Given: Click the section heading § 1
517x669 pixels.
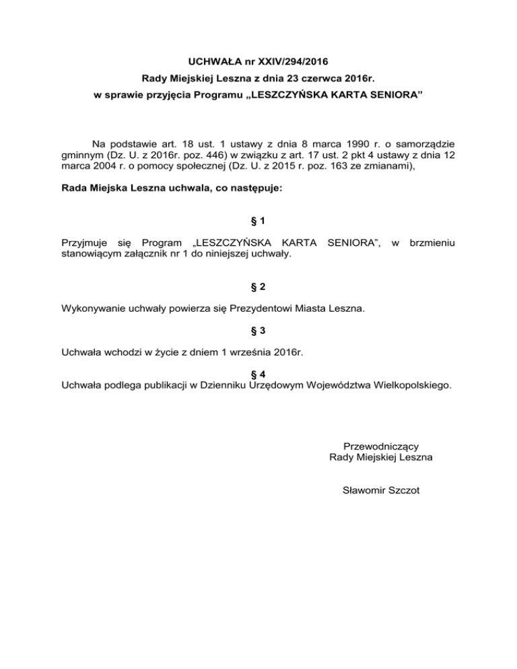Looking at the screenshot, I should coord(258,222).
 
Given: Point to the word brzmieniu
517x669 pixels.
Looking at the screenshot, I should coord(432,240).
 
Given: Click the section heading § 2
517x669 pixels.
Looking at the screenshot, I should coord(258,287).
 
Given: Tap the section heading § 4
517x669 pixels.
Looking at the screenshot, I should coord(258,375).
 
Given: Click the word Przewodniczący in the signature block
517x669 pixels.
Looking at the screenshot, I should coord(381,446).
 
